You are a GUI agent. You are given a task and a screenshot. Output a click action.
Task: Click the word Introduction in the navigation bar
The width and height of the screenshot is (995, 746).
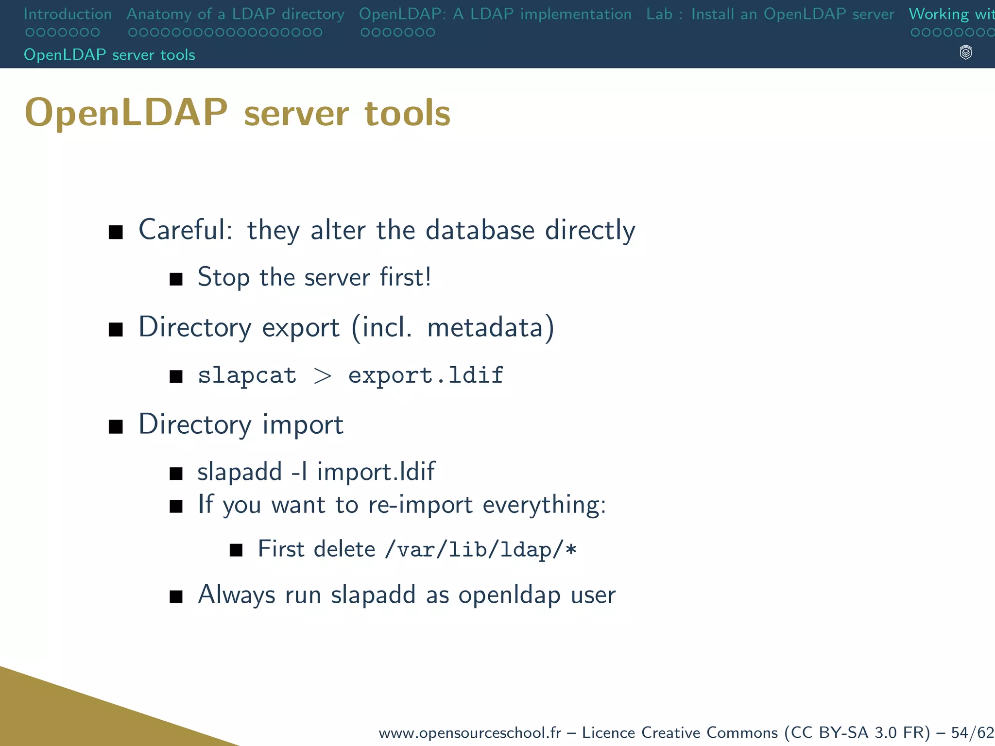pyautogui.click(x=68, y=14)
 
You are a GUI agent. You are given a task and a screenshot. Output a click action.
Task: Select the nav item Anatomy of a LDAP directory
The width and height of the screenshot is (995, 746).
pyautogui.click(x=235, y=14)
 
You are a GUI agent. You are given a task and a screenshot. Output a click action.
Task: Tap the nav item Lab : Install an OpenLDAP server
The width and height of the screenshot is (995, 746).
pyautogui.click(x=770, y=14)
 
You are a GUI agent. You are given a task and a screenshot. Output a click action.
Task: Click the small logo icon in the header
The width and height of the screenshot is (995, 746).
pyautogui.click(x=965, y=52)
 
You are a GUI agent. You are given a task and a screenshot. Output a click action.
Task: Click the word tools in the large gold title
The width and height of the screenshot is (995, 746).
pyautogui.click(x=407, y=113)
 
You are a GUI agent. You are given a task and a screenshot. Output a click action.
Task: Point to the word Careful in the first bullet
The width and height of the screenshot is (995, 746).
pyautogui.click(x=185, y=230)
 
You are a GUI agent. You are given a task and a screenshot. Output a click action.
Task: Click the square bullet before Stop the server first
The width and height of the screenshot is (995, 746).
pyautogui.click(x=176, y=279)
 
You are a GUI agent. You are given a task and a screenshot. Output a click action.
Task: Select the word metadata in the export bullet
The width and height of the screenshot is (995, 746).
pyautogui.click(x=485, y=327)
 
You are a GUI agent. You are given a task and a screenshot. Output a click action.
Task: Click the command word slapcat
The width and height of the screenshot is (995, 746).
pyautogui.click(x=247, y=375)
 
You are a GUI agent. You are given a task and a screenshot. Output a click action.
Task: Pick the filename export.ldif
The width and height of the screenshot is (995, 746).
pyautogui.click(x=426, y=375)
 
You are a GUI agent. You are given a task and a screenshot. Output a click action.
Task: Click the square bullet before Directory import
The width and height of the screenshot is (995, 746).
pyautogui.click(x=116, y=426)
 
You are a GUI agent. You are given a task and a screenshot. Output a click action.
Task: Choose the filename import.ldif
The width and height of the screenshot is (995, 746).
pyautogui.click(x=376, y=472)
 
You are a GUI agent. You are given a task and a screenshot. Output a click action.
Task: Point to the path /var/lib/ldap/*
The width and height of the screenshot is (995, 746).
pyautogui.click(x=480, y=549)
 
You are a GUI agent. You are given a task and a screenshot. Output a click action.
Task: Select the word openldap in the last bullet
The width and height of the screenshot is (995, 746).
pyautogui.click(x=509, y=595)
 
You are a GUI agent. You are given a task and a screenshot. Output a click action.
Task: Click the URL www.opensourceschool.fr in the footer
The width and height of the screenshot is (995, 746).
pyautogui.click(x=469, y=732)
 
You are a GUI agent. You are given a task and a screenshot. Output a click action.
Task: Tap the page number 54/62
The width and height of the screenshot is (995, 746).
pyautogui.click(x=972, y=732)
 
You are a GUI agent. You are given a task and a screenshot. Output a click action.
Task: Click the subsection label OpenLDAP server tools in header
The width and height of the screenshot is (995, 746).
pyautogui.click(x=109, y=55)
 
